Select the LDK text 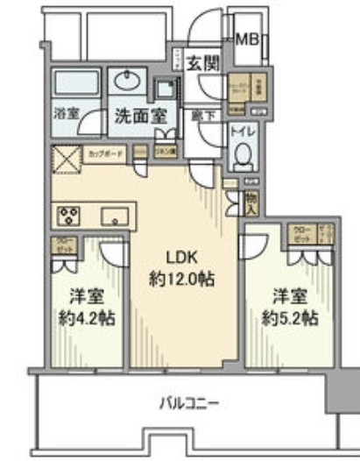183,257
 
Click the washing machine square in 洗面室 165,89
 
